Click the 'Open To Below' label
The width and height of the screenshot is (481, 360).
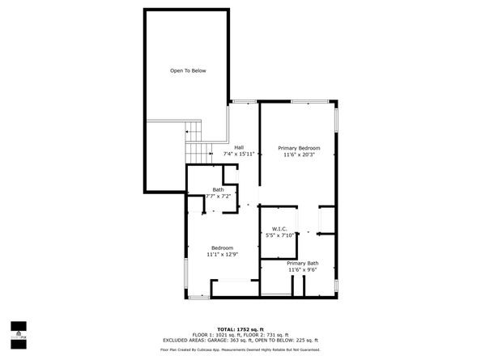pos(188,71)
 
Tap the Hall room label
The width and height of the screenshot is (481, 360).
pos(239,146)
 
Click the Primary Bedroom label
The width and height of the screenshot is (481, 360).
pos(299,148)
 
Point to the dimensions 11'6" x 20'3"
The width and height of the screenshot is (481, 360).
pos(299,155)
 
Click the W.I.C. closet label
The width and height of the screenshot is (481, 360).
pos(280,228)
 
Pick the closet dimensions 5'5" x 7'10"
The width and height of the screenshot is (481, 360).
pos(280,235)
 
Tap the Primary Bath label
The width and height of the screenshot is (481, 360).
pos(302,263)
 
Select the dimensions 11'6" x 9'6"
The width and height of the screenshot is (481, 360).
pos(302,270)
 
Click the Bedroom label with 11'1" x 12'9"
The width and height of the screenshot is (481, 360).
pos(223,248)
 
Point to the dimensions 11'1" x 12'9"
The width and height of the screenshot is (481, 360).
pos(223,255)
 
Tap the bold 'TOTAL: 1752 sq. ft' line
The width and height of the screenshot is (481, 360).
pos(240,329)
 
